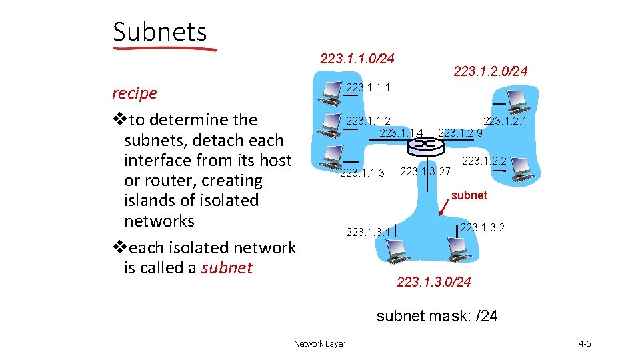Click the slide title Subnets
[160, 31]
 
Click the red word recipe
[135, 93]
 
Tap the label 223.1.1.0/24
[357, 59]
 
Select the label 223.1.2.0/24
[490, 71]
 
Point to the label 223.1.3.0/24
[433, 282]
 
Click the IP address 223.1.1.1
[368, 87]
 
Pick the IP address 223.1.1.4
[401, 133]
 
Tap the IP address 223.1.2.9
[460, 133]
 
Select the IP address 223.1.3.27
[425, 171]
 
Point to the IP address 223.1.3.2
[482, 227]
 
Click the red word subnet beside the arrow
[469, 195]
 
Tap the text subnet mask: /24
[437, 316]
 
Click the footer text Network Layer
[319, 343]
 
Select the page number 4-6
[585, 343]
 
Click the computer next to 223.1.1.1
[330, 92]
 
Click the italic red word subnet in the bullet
[227, 268]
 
